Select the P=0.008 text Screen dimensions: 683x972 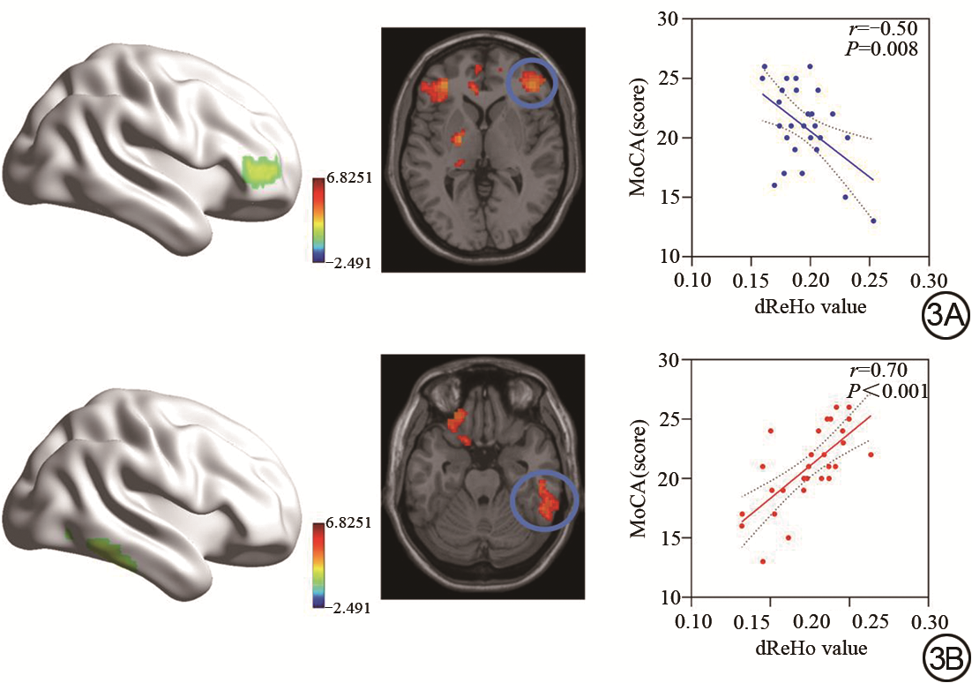(x=883, y=49)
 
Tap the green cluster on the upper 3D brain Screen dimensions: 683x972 (x=261, y=171)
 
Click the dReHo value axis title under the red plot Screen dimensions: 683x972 (x=810, y=648)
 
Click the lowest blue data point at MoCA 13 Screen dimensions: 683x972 (x=873, y=221)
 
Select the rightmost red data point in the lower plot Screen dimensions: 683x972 (x=871, y=454)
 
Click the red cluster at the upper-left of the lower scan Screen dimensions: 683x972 (x=459, y=423)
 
